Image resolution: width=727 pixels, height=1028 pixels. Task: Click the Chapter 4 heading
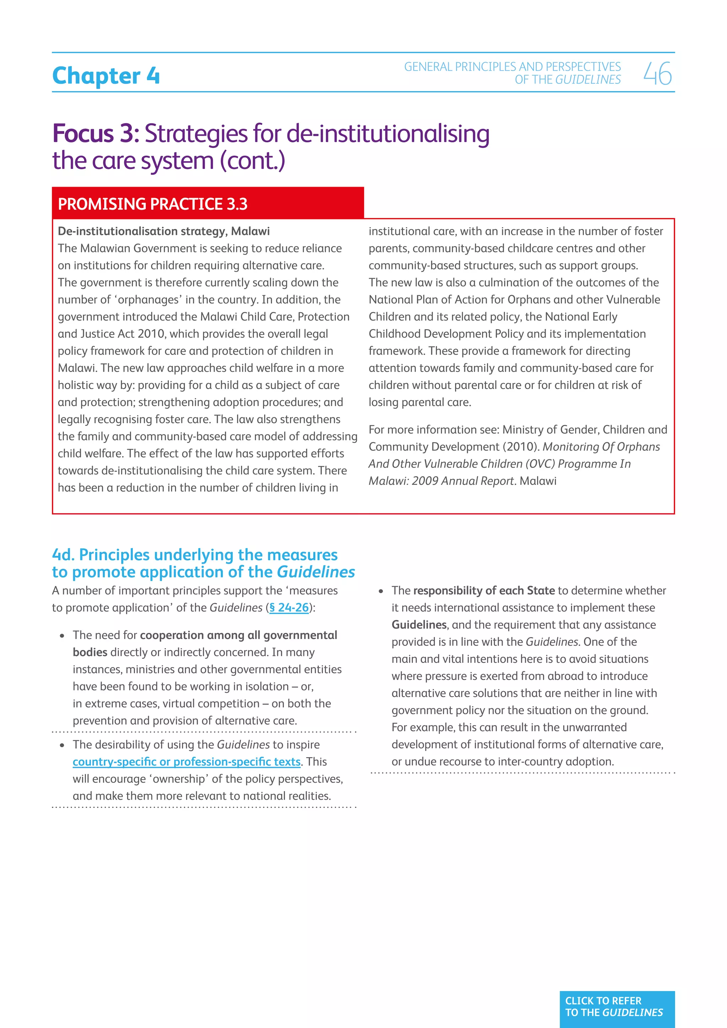(106, 76)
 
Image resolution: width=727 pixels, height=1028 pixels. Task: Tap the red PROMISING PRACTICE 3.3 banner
(208, 204)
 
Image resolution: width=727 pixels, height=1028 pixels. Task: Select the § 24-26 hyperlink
(289, 608)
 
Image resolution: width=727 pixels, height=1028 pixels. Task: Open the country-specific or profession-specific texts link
(186, 762)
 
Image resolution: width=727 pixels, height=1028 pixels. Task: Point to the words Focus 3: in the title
(96, 133)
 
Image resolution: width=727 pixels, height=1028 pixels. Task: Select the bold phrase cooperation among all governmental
(238, 635)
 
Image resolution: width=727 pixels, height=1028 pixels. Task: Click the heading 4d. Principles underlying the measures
(195, 555)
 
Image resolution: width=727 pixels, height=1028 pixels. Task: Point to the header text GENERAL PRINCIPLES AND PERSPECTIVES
(512, 67)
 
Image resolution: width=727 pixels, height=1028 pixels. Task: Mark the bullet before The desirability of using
(62, 745)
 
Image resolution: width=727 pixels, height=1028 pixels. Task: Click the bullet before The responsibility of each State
(381, 591)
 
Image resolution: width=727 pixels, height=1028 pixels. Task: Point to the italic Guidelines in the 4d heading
(316, 572)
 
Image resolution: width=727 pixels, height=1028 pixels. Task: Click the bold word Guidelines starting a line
(419, 625)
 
